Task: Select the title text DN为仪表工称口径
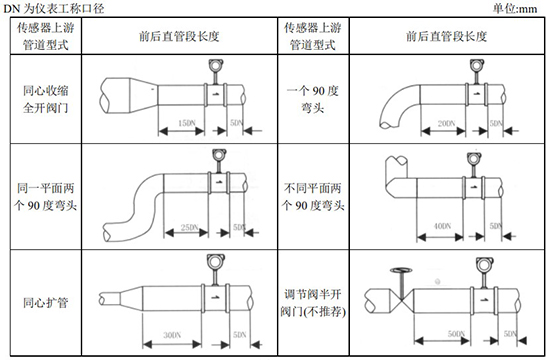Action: tap(60, 8)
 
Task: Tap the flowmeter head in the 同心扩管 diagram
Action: tap(213, 263)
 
